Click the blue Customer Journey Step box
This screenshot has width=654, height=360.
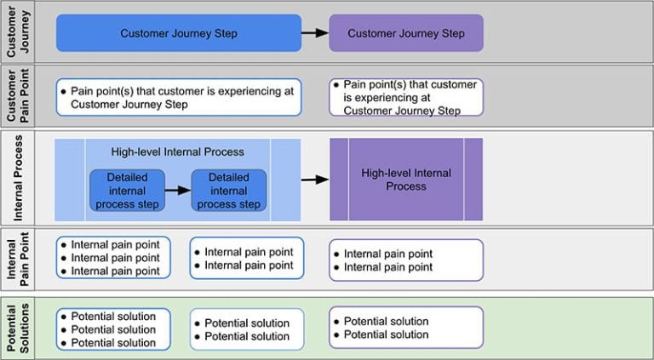[179, 33]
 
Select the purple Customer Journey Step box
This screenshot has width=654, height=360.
[405, 33]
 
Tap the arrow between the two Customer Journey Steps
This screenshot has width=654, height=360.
[314, 33]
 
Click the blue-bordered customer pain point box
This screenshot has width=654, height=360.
[179, 97]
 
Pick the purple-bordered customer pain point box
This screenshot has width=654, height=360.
[405, 97]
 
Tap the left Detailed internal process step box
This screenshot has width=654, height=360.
[125, 191]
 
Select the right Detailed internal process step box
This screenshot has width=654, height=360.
[228, 191]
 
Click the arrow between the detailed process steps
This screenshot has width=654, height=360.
[176, 191]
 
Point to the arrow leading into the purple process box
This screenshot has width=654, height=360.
[314, 180]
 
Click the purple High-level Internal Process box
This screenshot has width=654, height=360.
[405, 180]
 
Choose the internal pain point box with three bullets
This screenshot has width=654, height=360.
[113, 257]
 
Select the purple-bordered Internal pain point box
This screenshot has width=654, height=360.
[405, 260]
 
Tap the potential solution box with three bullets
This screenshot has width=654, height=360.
[113, 329]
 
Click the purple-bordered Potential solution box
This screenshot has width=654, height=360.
[405, 328]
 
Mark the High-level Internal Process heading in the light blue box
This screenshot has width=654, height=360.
[177, 151]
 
